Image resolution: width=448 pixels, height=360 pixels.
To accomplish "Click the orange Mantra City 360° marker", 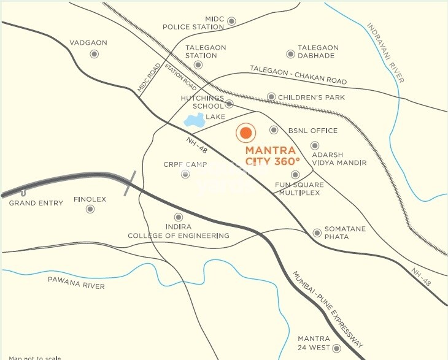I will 245,132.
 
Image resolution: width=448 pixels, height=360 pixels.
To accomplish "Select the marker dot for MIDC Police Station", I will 231,21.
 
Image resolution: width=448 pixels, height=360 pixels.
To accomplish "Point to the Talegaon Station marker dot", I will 198,64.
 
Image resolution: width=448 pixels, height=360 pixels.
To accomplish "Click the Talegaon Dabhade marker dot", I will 291,55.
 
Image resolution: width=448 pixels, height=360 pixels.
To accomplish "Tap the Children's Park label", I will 311,97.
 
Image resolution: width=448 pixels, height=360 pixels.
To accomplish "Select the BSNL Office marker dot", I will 274,130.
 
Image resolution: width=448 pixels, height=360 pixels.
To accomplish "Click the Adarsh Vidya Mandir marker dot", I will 315,145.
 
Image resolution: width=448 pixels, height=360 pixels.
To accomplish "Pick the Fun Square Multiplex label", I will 298,188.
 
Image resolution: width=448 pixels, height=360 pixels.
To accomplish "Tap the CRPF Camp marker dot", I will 185,175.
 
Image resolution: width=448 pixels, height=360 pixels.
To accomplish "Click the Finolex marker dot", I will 90,209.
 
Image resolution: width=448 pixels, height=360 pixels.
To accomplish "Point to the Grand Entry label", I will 36,202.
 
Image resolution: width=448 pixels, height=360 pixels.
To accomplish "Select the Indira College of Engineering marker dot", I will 179,217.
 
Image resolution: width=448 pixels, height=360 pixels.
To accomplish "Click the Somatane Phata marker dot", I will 317,232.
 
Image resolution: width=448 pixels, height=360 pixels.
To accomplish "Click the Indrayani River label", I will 385,53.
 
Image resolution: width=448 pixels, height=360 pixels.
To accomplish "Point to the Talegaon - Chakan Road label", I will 298,74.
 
